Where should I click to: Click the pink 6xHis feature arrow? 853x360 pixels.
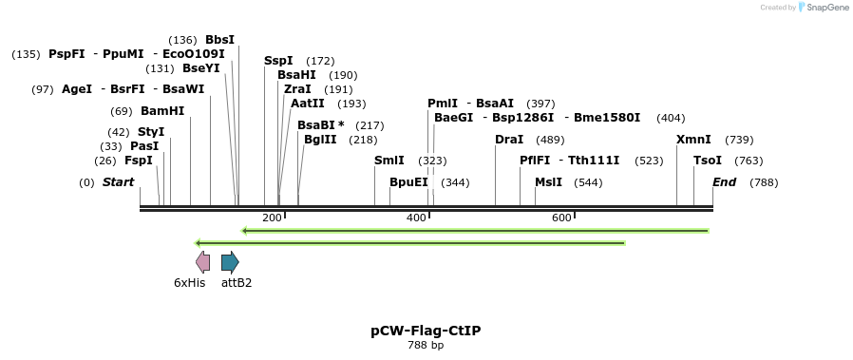(x=202, y=262)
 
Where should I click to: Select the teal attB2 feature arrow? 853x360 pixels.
(x=230, y=262)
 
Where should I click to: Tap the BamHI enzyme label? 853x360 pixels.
(x=162, y=111)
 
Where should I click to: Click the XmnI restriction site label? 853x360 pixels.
(x=693, y=140)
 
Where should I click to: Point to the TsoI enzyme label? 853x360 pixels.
(x=708, y=161)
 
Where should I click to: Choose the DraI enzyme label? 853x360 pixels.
(x=509, y=140)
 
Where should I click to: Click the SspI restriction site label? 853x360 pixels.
(x=278, y=61)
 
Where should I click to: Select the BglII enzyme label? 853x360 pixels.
(x=320, y=139)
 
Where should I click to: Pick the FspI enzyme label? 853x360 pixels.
(x=138, y=161)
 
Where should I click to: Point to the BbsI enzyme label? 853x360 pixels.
(x=219, y=40)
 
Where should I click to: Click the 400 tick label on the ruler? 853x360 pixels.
(x=416, y=218)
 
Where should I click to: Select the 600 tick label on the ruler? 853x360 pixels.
(x=561, y=218)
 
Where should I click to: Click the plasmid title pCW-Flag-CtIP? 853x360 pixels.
(x=426, y=331)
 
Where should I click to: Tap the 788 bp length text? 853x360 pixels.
(x=426, y=346)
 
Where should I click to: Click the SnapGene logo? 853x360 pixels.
(x=823, y=8)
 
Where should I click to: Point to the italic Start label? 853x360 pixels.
(x=119, y=181)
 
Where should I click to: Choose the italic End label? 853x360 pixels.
(x=724, y=181)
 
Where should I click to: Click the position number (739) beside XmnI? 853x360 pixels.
(x=739, y=140)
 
